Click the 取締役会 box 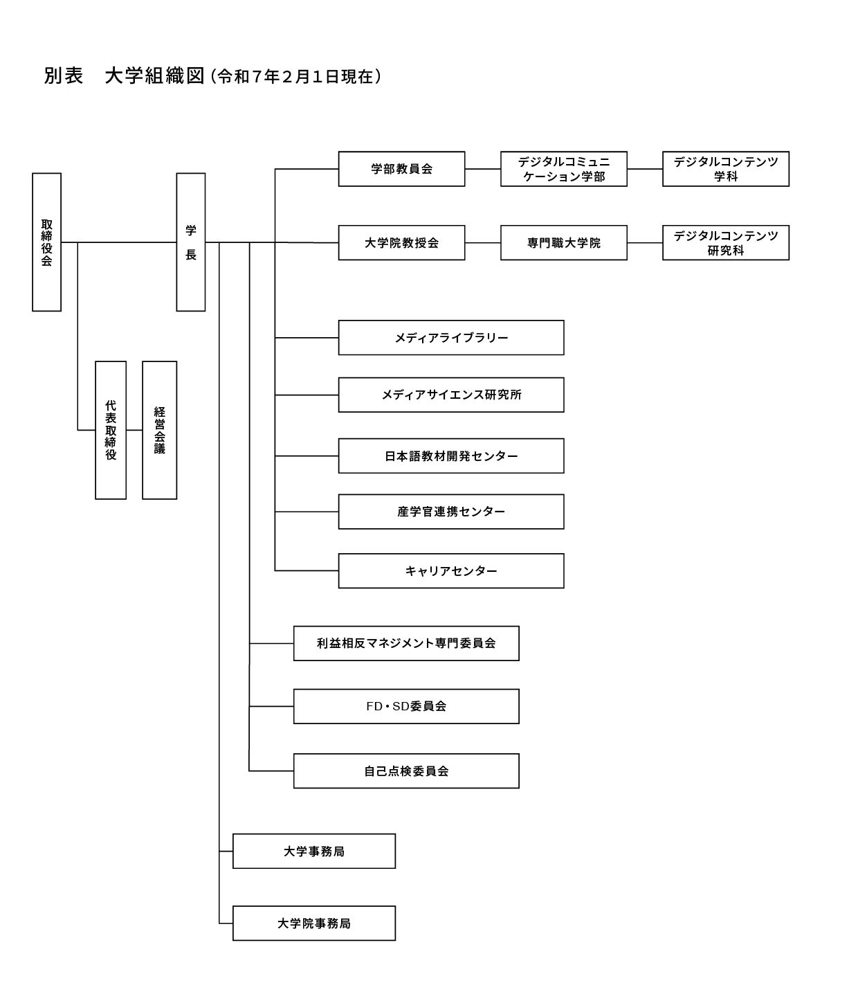pos(46,242)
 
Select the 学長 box pos(191,242)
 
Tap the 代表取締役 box pos(111,430)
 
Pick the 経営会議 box pos(159,430)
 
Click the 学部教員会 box pos(401,169)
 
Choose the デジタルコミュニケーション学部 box pos(564,169)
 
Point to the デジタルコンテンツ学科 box pos(726,169)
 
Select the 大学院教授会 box pos(401,243)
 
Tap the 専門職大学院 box pos(564,243)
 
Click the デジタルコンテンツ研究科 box pos(726,243)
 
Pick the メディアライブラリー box pos(451,338)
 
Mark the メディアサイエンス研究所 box pos(451,395)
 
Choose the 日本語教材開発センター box pos(451,456)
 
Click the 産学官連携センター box pos(451,512)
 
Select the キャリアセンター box pos(451,571)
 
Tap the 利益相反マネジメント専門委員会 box pos(406,643)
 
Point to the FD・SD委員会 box pos(406,706)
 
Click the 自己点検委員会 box pos(406,771)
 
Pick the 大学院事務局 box pos(314,924)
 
